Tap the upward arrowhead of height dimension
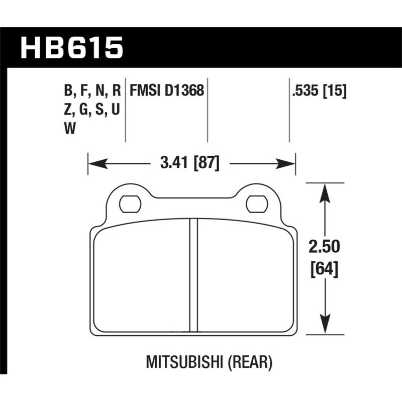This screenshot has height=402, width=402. click(326, 191)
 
